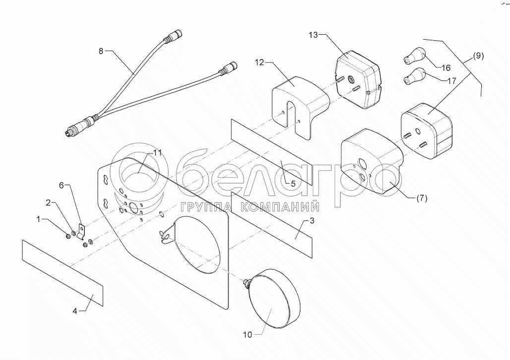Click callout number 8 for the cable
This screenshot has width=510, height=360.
102,51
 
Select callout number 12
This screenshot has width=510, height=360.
260,63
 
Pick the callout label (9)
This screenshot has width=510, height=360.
477,56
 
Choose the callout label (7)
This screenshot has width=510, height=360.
421,198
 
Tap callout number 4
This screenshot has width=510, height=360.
75,311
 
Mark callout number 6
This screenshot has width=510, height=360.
62,185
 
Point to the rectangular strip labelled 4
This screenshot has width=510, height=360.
62,269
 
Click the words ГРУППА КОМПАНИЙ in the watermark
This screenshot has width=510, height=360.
250,207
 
